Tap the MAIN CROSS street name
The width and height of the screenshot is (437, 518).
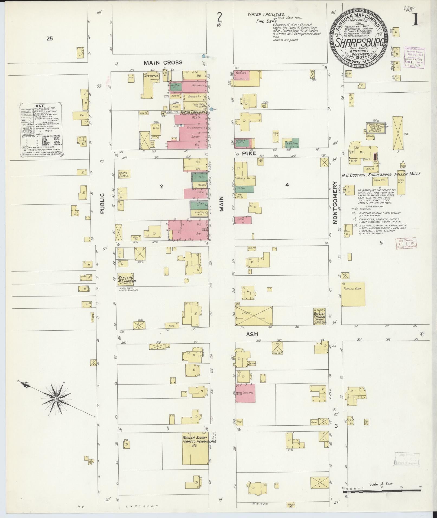tap(163, 63)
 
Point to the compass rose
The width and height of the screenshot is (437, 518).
tap(57, 399)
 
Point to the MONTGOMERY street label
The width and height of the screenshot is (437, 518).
tap(335, 203)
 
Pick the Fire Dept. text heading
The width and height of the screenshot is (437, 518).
tap(264, 21)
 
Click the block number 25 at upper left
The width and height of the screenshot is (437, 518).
tap(49, 38)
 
